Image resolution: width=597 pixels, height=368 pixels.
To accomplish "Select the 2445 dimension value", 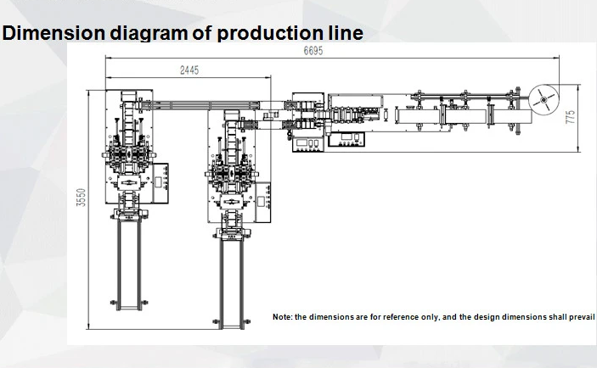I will pyautogui.click(x=189, y=70).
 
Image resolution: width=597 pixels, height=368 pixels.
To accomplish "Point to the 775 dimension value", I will pyautogui.click(x=571, y=115).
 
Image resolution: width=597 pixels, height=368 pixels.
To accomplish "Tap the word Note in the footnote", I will pyautogui.click(x=282, y=316).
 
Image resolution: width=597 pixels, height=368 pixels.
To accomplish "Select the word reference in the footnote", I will pyautogui.click(x=400, y=316).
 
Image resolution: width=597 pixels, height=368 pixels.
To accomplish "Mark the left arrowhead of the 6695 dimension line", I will pyautogui.click(x=107, y=58).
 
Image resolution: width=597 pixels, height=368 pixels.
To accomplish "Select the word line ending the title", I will pyautogui.click(x=345, y=33).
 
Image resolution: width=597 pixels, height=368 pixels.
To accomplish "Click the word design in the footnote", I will pyautogui.click(x=483, y=316).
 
